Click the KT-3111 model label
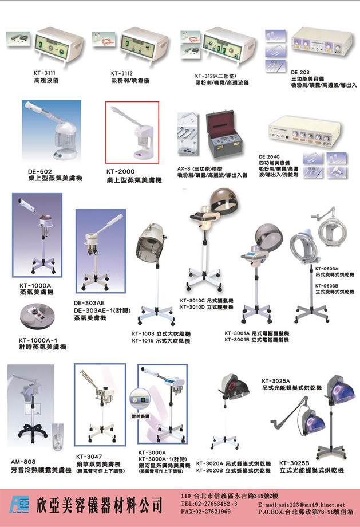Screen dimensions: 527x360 45,73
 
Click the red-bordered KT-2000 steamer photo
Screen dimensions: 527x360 132,133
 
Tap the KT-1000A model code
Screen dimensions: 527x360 35,285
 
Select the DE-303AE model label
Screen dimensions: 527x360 89,303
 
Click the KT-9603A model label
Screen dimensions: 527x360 327,268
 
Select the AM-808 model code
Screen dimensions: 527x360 24,462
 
